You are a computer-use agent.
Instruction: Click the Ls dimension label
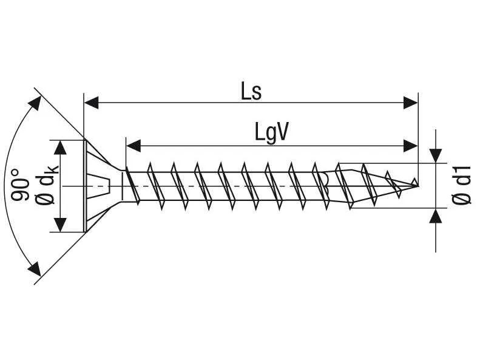click(251, 92)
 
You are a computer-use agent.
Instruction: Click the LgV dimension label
click(272, 132)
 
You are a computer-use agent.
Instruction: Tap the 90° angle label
click(19, 185)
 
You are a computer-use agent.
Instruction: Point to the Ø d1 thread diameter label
click(461, 185)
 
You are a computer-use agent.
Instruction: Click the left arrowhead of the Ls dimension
click(91, 103)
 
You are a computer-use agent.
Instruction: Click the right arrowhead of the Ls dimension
click(410, 103)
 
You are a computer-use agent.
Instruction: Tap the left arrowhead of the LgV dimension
click(134, 146)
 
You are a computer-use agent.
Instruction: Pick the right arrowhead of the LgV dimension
click(410, 146)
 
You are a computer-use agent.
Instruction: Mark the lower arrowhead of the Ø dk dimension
click(62, 225)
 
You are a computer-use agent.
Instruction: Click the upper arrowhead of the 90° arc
click(35, 103)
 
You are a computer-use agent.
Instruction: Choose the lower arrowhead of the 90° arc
click(34, 269)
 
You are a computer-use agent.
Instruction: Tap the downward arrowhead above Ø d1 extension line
click(436, 155)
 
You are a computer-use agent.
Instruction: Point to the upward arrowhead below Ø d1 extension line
click(436, 216)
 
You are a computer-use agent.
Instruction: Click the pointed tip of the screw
click(417, 185)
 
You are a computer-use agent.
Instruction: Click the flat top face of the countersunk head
click(85, 186)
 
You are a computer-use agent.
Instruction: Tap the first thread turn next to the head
click(132, 186)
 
